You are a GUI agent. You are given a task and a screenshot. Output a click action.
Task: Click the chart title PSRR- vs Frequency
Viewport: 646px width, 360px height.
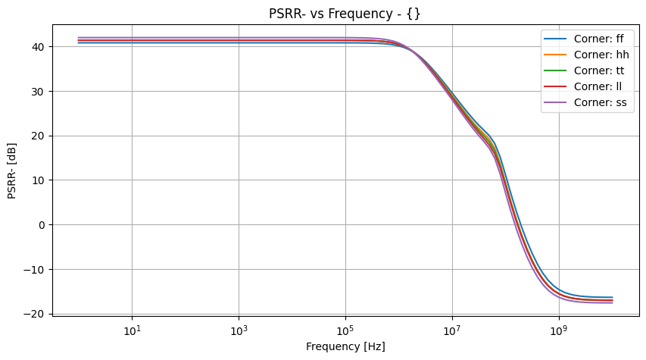tap(345, 14)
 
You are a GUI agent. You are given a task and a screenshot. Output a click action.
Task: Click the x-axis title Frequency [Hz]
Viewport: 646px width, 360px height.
tap(345, 347)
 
